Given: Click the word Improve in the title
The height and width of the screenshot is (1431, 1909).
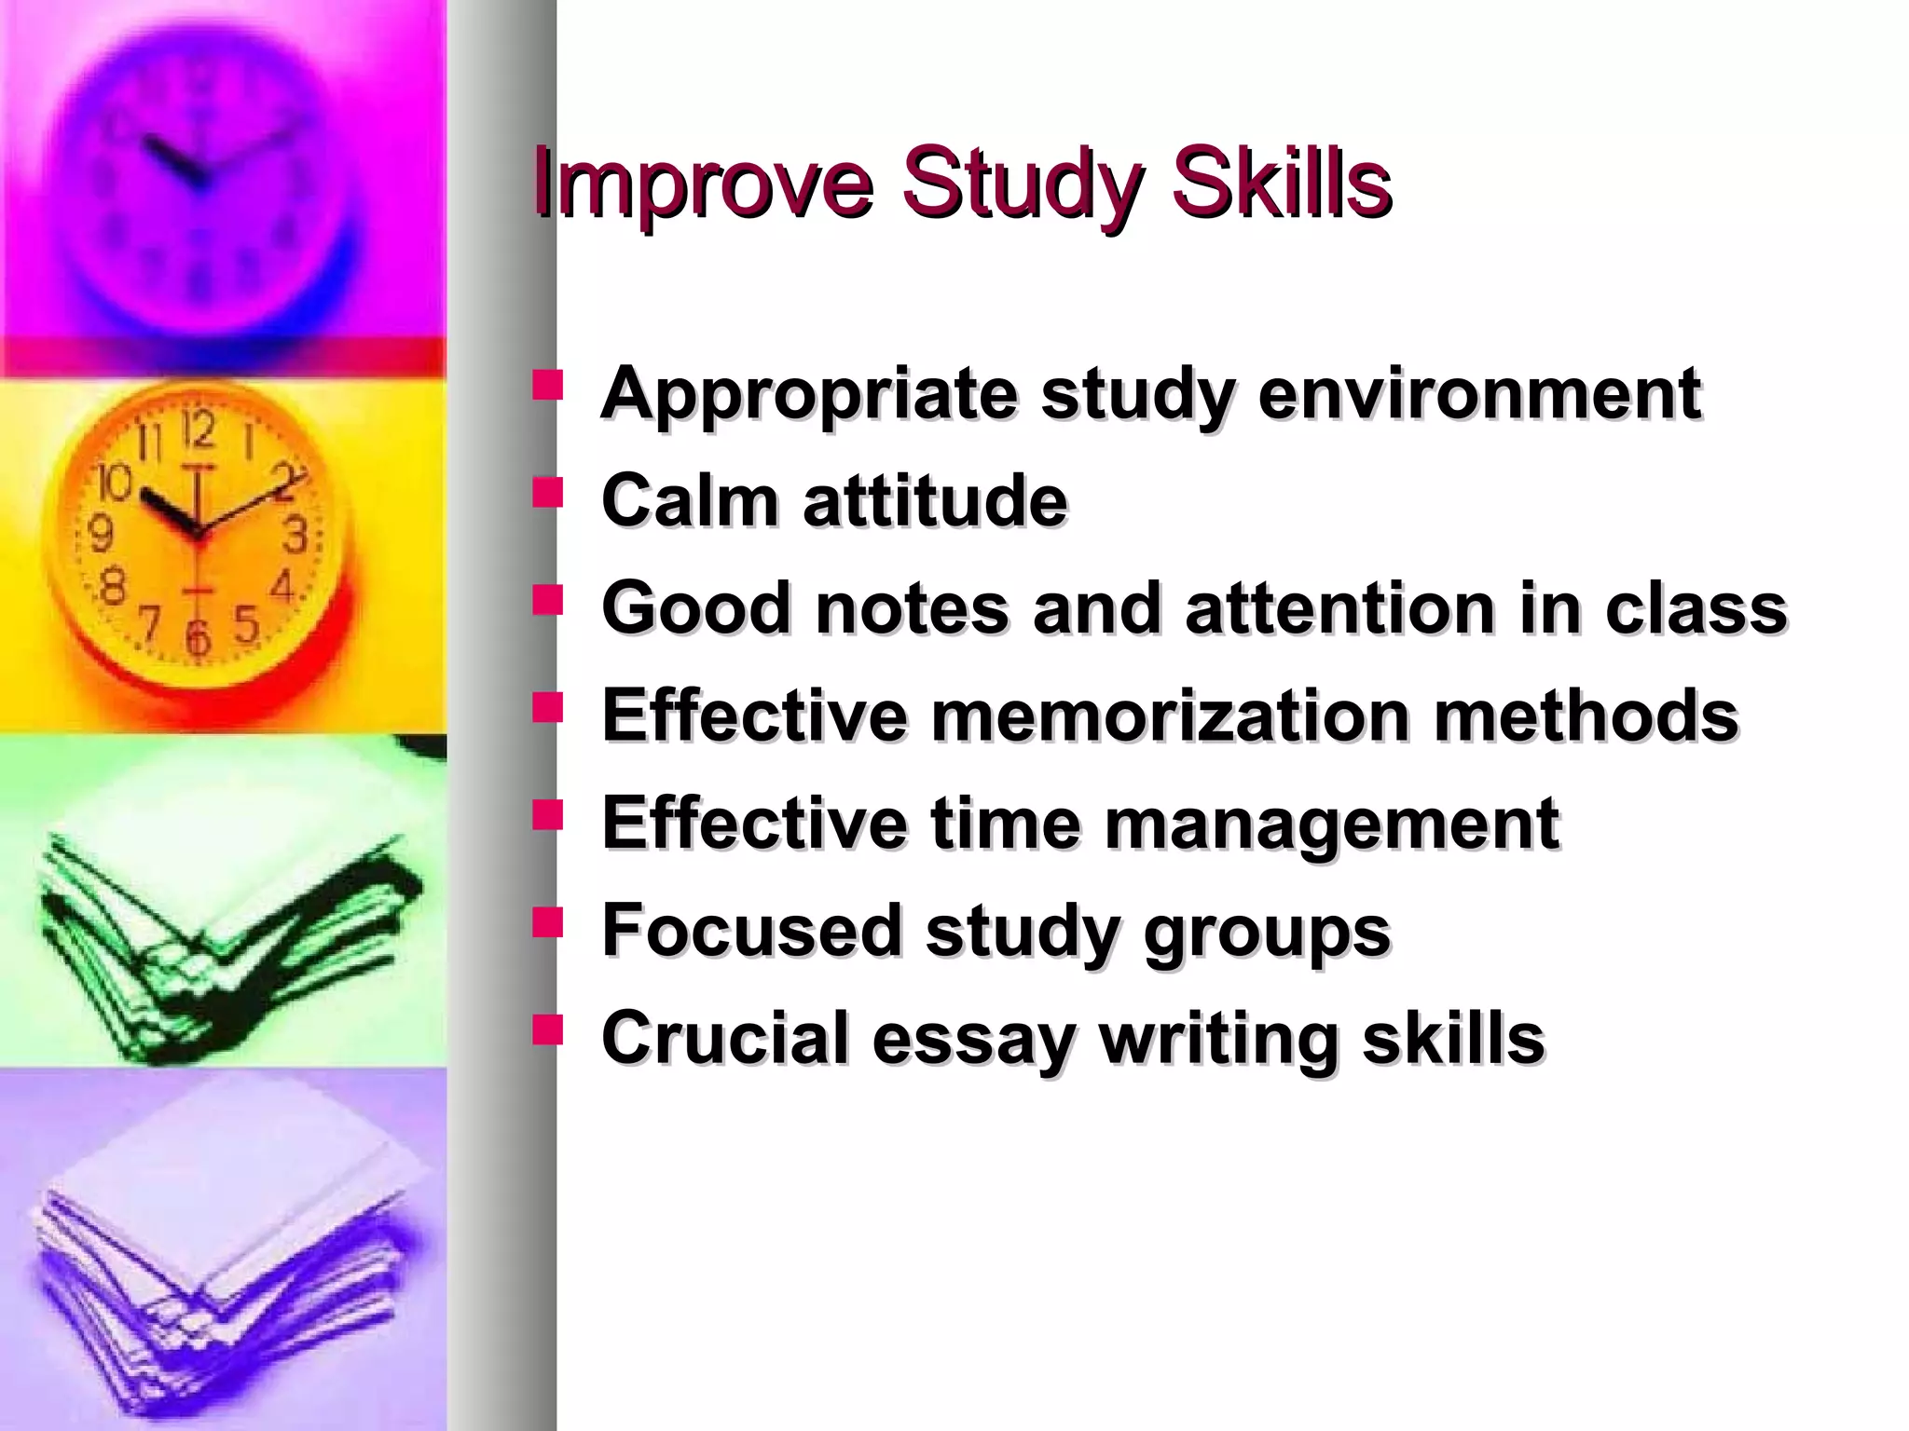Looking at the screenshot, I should [x=704, y=184].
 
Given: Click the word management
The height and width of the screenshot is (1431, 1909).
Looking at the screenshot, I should [x=1332, y=824].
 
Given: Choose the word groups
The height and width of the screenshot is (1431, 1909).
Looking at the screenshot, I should [x=1267, y=932].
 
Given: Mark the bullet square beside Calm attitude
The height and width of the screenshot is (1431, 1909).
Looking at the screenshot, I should [x=548, y=493].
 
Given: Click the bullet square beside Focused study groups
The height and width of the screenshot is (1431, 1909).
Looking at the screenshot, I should [x=548, y=922].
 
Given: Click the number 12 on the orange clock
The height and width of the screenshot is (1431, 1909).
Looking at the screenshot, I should [x=199, y=430].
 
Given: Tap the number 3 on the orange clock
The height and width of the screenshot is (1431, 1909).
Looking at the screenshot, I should [x=295, y=535].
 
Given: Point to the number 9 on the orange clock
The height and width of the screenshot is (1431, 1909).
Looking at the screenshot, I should [x=100, y=533].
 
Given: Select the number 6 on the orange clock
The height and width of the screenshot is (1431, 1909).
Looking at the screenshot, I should [x=198, y=637].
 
